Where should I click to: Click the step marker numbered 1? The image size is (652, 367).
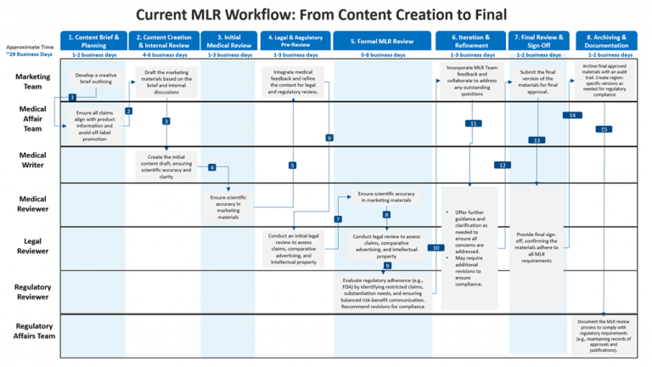click(x=72, y=98)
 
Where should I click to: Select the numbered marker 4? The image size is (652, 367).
click(x=211, y=167)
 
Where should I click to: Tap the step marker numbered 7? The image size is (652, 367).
click(x=338, y=219)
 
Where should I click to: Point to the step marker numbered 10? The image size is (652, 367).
click(x=436, y=248)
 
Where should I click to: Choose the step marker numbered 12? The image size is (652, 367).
click(x=503, y=165)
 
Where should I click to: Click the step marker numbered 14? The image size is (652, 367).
click(x=573, y=114)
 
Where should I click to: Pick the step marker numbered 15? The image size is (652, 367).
click(x=604, y=129)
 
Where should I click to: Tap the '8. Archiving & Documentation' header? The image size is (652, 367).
click(x=606, y=41)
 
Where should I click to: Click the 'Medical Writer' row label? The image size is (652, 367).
click(x=32, y=161)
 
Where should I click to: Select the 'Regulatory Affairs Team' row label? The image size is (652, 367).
click(x=32, y=330)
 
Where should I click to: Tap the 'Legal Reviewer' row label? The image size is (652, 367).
click(x=32, y=246)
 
